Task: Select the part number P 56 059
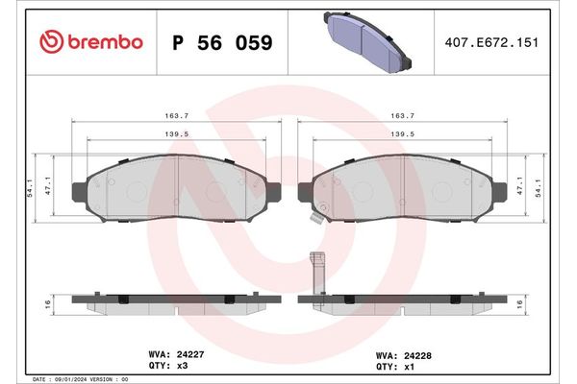pos(221,43)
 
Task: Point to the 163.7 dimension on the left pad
pos(175,115)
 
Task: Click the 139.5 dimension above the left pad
pos(175,134)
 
